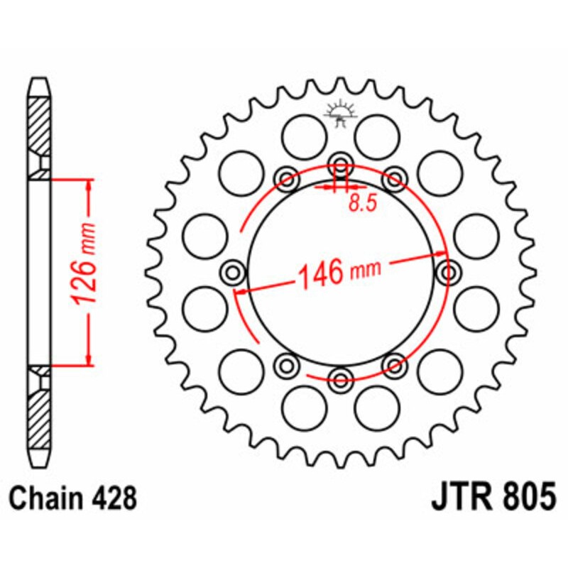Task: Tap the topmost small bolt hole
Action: click(340, 160)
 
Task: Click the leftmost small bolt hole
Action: click(233, 271)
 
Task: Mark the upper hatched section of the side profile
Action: click(40, 126)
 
